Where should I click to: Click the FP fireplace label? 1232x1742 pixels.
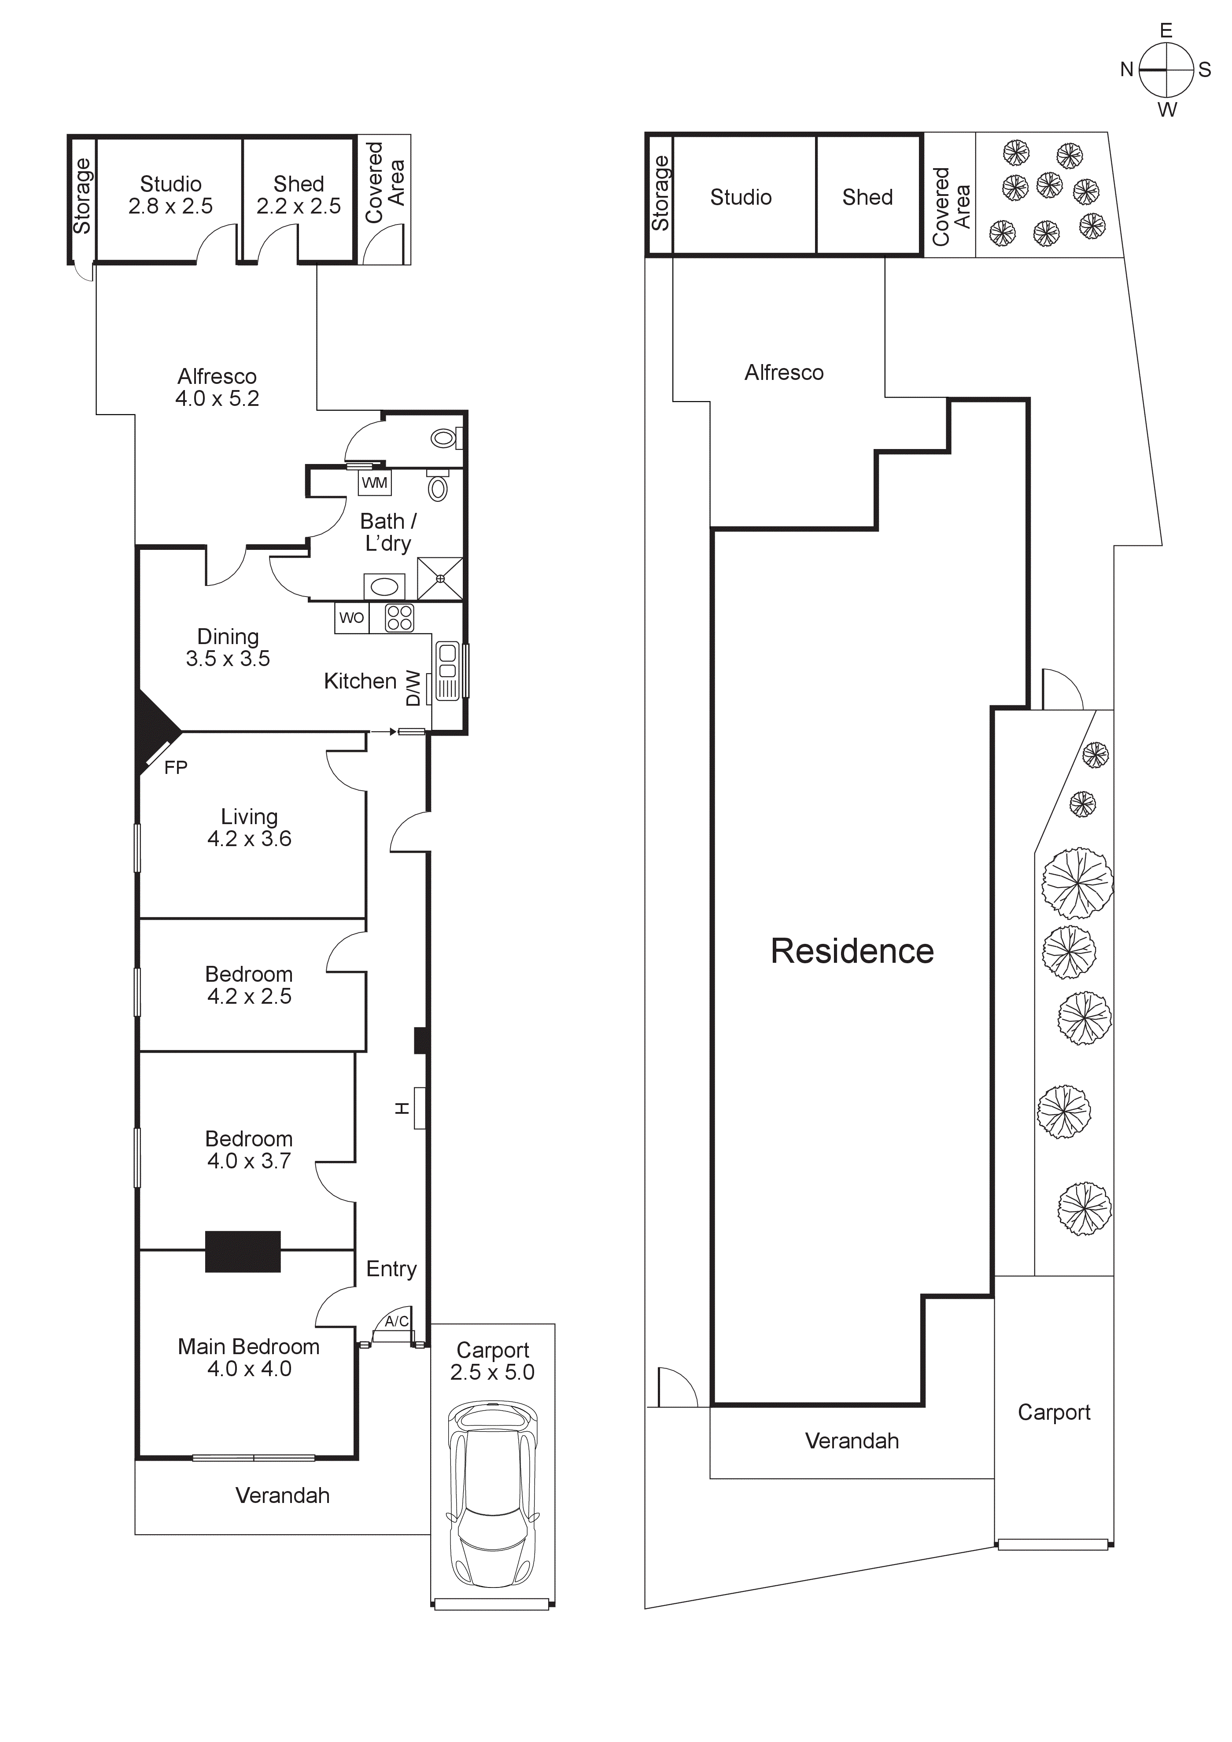pos(175,768)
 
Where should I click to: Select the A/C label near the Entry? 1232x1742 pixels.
pos(396,1321)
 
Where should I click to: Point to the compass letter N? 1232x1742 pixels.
pos(1127,70)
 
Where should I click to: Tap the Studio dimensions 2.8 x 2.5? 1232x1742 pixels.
pos(171,206)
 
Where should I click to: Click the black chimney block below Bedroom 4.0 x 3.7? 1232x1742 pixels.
pos(243,1251)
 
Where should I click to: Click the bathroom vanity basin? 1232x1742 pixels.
pos(385,586)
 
